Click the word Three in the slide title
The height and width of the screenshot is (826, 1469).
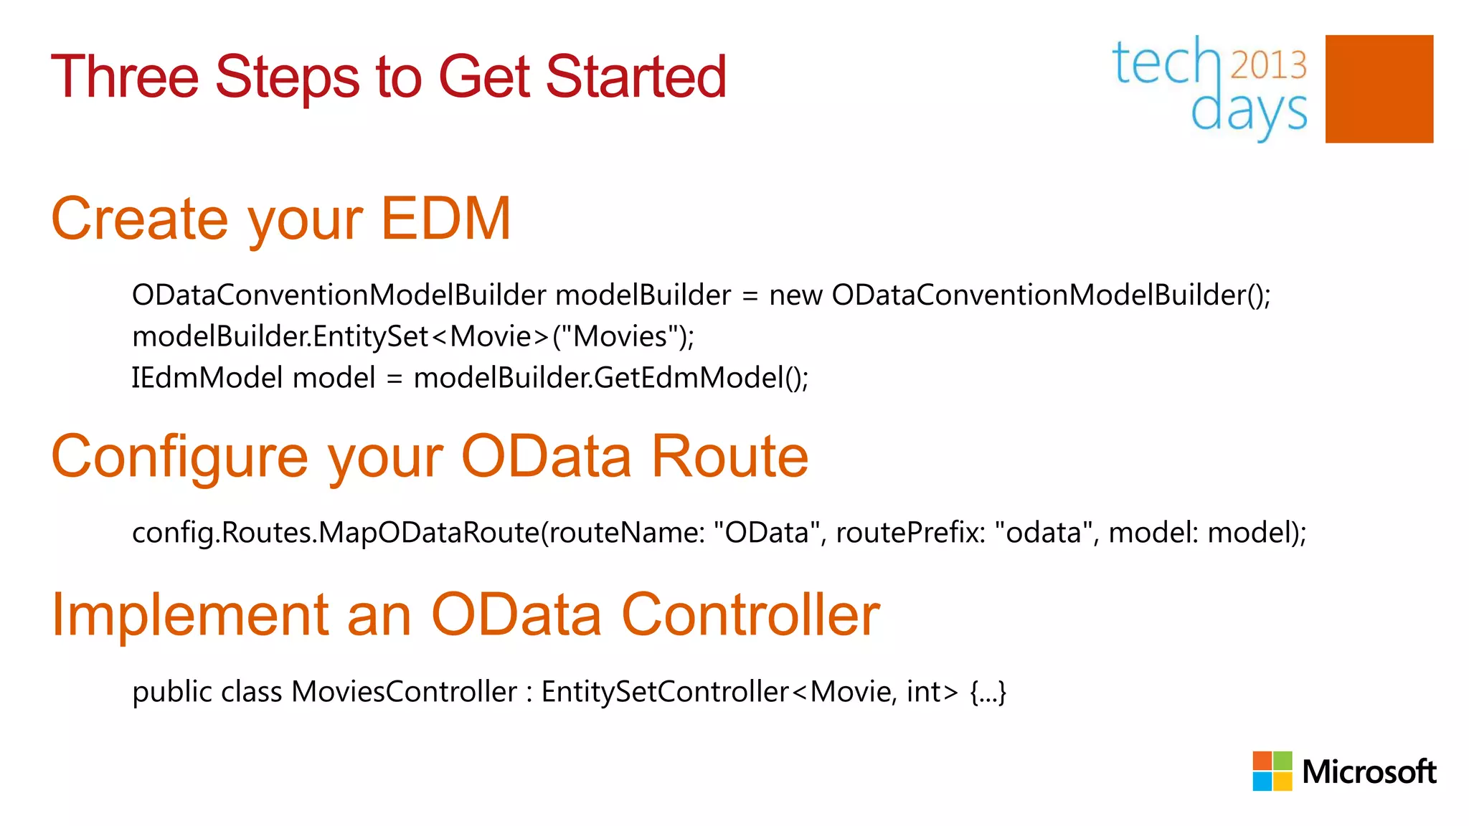click(x=124, y=77)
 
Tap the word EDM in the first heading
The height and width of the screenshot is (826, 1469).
click(x=445, y=219)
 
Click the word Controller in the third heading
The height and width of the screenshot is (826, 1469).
click(x=750, y=615)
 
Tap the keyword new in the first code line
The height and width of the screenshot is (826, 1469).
click(x=795, y=295)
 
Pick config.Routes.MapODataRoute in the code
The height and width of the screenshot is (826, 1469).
click(x=335, y=533)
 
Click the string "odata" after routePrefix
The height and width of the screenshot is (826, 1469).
click(x=1045, y=533)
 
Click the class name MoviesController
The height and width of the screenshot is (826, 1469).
click(x=404, y=692)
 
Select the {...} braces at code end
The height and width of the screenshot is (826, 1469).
click(x=988, y=693)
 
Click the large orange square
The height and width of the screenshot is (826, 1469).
click(x=1379, y=89)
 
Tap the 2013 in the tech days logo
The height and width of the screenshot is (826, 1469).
click(x=1268, y=65)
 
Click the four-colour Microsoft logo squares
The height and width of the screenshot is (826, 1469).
click(x=1272, y=771)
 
